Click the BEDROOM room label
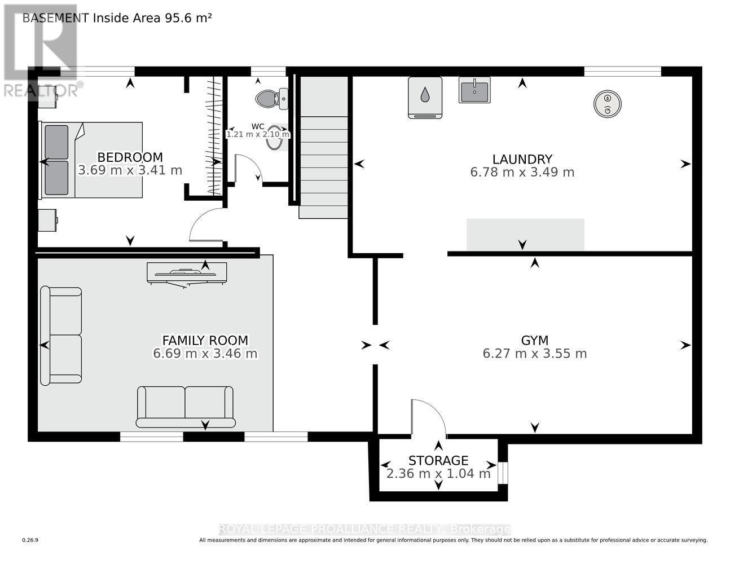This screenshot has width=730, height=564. point(130,157)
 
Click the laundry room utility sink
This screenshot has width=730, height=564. point(474,90)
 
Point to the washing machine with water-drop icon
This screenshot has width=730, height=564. point(425,97)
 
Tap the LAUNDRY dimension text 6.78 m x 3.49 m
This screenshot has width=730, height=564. point(522,173)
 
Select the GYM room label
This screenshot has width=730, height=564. point(534,340)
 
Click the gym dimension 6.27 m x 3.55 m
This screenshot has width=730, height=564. point(534,354)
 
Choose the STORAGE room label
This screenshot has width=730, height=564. point(438,460)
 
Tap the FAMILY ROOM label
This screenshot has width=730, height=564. point(205,340)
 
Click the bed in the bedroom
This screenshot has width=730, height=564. point(90,160)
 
